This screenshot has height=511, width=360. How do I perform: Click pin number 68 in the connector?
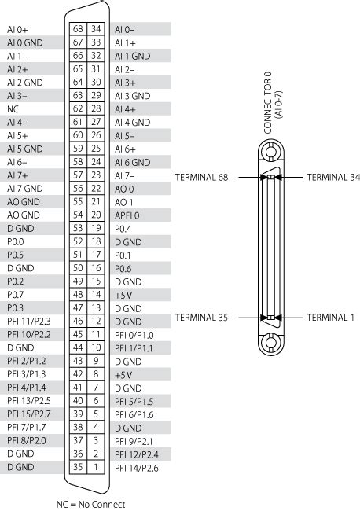pos(78,29)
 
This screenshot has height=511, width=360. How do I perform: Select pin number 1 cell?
pos(96,467)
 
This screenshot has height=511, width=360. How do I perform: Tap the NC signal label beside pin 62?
pos(13,109)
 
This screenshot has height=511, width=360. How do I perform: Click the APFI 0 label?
pos(127,215)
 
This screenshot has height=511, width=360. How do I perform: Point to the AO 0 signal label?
pos(124,189)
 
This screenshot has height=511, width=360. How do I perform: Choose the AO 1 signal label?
pos(124,202)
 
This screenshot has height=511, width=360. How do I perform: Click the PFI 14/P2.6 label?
pos(137,469)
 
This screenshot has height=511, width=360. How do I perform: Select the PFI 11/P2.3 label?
pos(29,322)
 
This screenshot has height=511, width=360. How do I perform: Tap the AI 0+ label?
pos(17,30)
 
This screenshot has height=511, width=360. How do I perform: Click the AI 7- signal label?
pos(125,176)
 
